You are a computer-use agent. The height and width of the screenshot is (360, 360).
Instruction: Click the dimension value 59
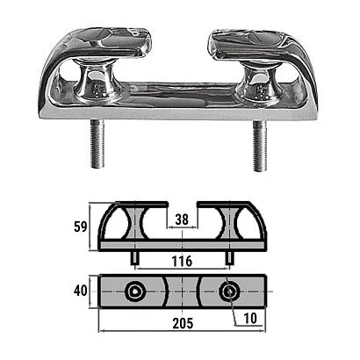81,227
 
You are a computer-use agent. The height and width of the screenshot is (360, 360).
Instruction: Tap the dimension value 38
182,220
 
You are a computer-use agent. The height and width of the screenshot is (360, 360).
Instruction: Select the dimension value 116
182,262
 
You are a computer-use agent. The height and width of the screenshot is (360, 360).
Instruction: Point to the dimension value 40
81,291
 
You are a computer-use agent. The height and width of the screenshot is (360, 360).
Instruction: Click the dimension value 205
183,323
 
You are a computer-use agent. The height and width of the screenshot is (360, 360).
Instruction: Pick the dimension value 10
249,319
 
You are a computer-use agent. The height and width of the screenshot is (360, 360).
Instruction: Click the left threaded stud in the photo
97,143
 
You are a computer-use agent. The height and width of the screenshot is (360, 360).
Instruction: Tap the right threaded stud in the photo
260,146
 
